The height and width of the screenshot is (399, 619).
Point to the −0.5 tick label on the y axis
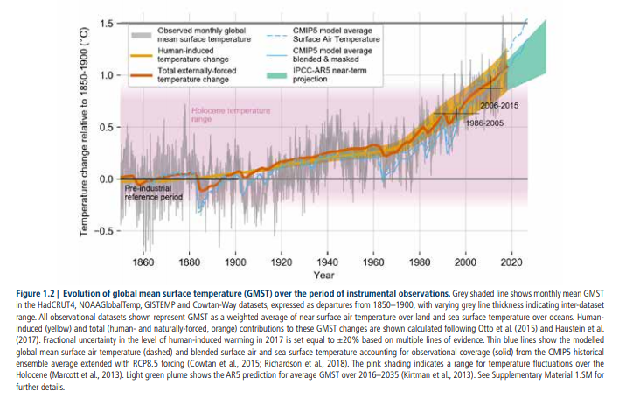pyautogui.click(x=103, y=231)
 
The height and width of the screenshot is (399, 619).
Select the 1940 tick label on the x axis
pyautogui.click(x=327, y=262)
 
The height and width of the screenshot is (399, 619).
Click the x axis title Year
pyautogui.click(x=325, y=274)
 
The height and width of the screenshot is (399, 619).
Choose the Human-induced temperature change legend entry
pyautogui.click(x=193, y=58)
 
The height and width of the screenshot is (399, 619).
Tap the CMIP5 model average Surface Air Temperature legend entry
pyautogui.click(x=359, y=35)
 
